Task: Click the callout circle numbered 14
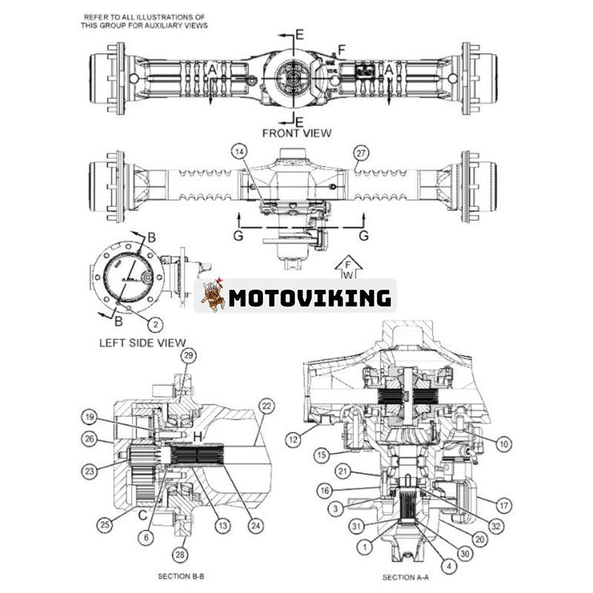point(239,152)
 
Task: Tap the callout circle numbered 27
point(360,153)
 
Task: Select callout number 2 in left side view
point(155,323)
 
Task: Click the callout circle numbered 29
point(188,357)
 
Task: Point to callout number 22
point(265,405)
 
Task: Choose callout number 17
point(503,506)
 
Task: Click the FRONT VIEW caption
point(296,133)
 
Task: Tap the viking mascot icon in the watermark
point(211,296)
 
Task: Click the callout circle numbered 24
point(256,526)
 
